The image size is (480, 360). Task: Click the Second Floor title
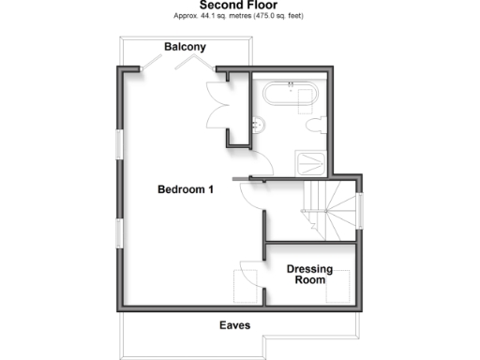click(x=240, y=5)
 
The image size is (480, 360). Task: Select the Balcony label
click(x=185, y=47)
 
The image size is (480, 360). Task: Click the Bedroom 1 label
click(x=185, y=189)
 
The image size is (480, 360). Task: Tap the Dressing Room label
click(x=309, y=274)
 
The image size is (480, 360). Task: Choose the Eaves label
click(x=234, y=325)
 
